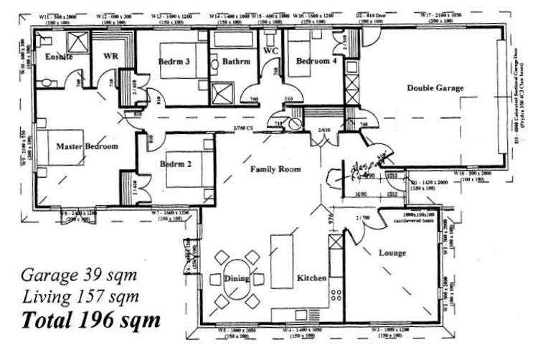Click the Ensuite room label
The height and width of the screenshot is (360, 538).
click(57, 57)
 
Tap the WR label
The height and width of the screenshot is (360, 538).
click(110, 55)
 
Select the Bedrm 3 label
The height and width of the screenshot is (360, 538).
click(174, 62)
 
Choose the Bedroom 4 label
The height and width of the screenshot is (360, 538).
click(313, 61)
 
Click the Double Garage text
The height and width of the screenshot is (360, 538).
click(435, 88)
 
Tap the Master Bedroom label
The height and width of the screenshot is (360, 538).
click(86, 146)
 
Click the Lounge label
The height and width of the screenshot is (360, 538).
click(392, 253)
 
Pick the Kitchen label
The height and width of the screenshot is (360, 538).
click(313, 278)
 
